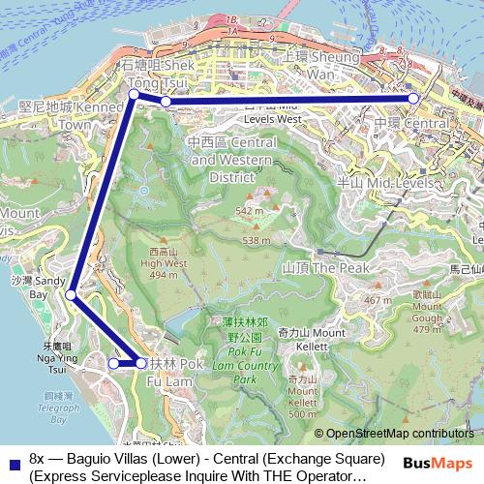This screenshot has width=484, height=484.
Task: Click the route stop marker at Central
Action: click(x=413, y=99)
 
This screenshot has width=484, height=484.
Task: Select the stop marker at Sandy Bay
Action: click(x=73, y=296)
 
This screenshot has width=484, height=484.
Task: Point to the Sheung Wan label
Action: click(x=320, y=66)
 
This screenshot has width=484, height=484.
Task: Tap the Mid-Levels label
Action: click(x=416, y=181)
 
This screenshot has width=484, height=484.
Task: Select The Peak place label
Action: click(x=314, y=265)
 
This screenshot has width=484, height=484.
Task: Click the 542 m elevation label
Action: click(x=249, y=211)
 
